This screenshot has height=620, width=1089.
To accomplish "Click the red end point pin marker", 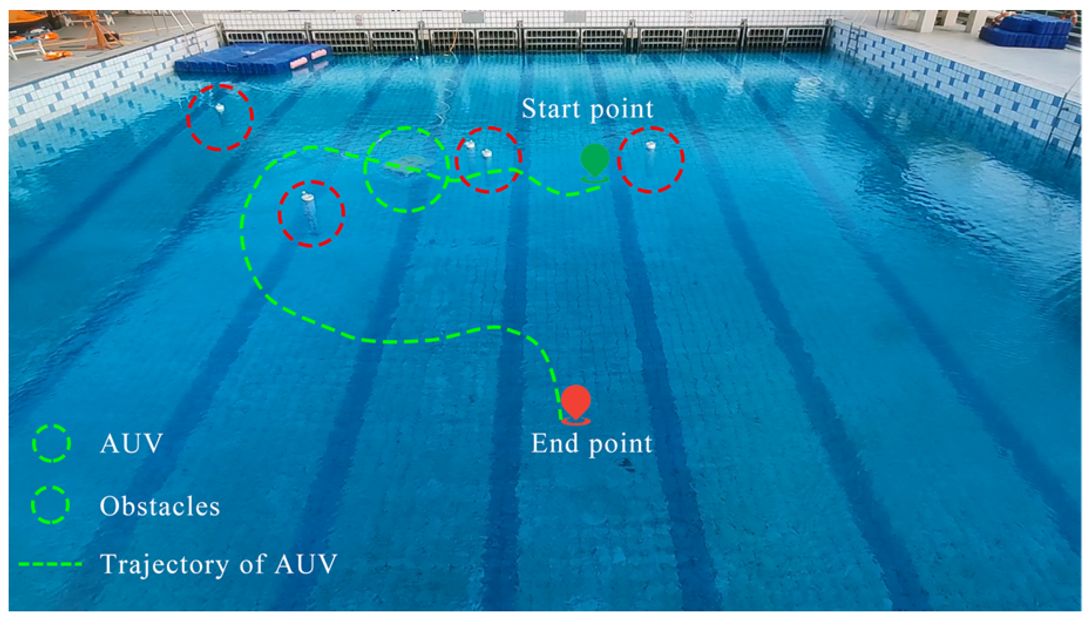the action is click(x=576, y=401).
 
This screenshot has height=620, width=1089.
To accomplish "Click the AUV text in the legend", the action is click(x=131, y=443).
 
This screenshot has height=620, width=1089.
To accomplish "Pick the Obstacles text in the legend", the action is click(x=159, y=506).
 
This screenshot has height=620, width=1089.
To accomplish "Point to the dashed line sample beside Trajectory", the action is click(x=50, y=564).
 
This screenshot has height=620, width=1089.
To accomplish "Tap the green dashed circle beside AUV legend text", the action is click(x=51, y=443).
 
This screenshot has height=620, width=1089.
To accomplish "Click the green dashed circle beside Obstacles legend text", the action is click(x=50, y=505).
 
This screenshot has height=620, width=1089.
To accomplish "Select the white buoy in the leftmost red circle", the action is click(x=219, y=107).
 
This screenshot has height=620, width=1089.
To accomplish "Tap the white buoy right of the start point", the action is click(x=650, y=145).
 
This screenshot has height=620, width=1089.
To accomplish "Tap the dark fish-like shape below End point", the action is click(x=627, y=463).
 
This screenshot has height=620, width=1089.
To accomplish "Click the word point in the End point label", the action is click(x=621, y=445).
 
